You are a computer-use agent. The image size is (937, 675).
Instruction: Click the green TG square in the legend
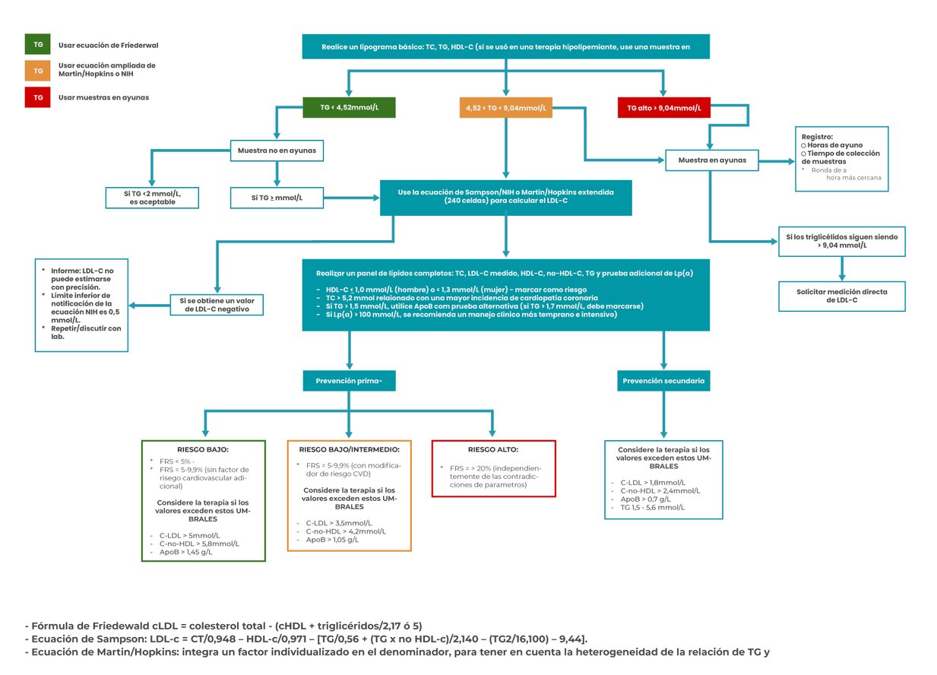(x=36, y=45)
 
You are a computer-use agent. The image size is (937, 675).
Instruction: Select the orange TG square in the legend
(x=36, y=70)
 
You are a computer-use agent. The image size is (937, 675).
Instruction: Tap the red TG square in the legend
(x=36, y=97)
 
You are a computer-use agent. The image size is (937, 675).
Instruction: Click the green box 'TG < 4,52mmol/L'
(x=349, y=108)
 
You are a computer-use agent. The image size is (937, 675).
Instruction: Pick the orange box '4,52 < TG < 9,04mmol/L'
(x=506, y=108)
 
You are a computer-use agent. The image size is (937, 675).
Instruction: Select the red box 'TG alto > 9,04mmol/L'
(x=663, y=108)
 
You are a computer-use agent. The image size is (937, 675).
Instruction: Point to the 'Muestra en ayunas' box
(x=711, y=160)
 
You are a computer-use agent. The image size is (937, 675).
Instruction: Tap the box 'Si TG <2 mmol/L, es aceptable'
(x=152, y=198)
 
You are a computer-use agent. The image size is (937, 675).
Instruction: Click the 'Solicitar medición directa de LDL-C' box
(x=841, y=296)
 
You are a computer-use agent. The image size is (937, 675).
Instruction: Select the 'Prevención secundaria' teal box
(x=663, y=381)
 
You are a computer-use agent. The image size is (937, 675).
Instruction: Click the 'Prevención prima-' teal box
(x=349, y=381)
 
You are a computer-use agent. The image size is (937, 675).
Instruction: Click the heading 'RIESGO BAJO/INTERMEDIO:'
(x=348, y=449)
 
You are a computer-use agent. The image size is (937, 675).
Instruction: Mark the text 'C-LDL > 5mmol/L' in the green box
(x=190, y=535)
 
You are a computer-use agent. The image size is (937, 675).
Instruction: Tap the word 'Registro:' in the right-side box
(x=816, y=137)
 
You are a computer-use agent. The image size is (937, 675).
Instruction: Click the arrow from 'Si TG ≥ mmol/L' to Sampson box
(x=351, y=198)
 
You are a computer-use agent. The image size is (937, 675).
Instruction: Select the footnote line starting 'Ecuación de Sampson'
(x=304, y=639)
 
